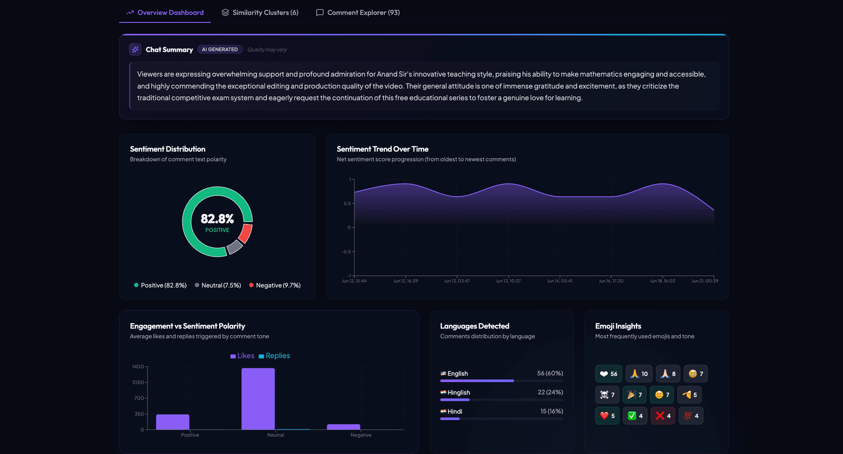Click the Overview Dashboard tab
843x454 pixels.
tap(165, 12)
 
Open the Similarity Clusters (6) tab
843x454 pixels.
tap(260, 12)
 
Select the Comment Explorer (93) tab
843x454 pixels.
tap(358, 12)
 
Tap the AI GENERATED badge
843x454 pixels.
tap(220, 50)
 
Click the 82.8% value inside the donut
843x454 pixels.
tap(217, 218)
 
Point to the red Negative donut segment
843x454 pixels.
tap(246, 233)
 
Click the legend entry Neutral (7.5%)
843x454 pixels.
tap(218, 285)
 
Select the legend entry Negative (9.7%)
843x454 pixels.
tap(275, 285)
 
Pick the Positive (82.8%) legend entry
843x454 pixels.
tap(160, 285)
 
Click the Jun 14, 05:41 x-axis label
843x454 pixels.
tap(560, 281)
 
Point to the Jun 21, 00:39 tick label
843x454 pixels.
tap(705, 281)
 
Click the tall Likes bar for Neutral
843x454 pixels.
tap(258, 399)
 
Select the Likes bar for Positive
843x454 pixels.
tap(173, 422)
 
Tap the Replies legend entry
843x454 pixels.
tap(274, 356)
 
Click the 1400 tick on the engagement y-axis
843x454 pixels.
tap(138, 367)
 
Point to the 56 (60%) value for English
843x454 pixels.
tap(550, 373)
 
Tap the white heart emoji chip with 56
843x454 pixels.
tap(609, 374)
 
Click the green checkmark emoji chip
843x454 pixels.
tap(635, 416)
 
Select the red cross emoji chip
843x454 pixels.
tap(663, 416)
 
